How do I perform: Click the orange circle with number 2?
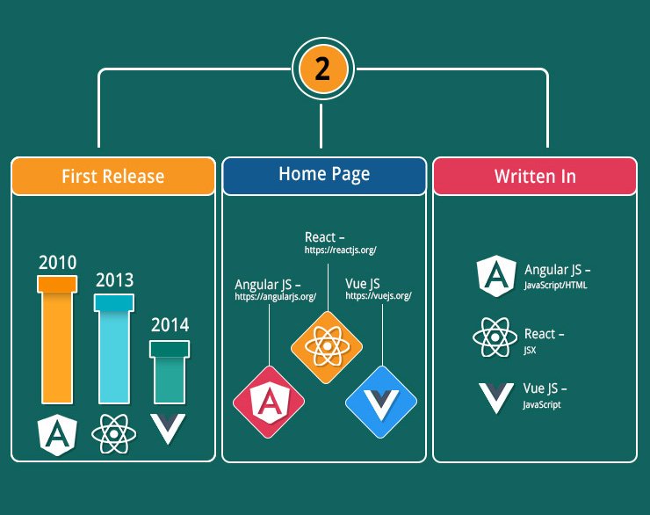(x=323, y=69)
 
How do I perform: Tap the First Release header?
(x=113, y=176)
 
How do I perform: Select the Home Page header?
(x=324, y=176)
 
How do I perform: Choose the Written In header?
(x=535, y=176)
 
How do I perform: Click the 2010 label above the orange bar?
(x=58, y=263)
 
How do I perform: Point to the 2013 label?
(x=115, y=280)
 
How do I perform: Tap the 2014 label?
(x=170, y=324)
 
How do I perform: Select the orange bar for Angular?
(x=57, y=339)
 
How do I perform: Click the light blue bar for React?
(x=114, y=349)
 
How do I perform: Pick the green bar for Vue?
(x=170, y=372)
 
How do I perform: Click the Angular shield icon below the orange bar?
(x=57, y=434)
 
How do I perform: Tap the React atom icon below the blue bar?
(x=114, y=434)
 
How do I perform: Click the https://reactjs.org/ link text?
(x=340, y=250)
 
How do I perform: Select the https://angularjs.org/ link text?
(x=276, y=297)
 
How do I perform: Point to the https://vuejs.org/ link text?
(x=379, y=295)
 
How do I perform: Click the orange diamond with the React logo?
(x=327, y=347)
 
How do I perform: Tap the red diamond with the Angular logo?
(x=269, y=402)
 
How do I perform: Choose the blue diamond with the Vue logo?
(x=381, y=402)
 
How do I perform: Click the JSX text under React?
(x=530, y=350)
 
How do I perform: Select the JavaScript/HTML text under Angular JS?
(x=555, y=286)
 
